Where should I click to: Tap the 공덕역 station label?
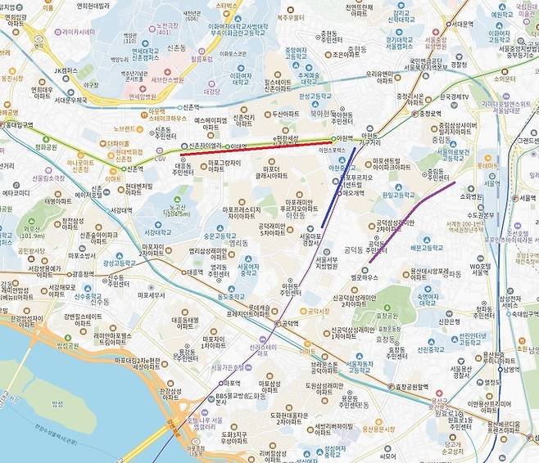click(x=289, y=324)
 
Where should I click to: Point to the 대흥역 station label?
click(x=193, y=272)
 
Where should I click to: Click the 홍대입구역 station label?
click(x=17, y=125)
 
